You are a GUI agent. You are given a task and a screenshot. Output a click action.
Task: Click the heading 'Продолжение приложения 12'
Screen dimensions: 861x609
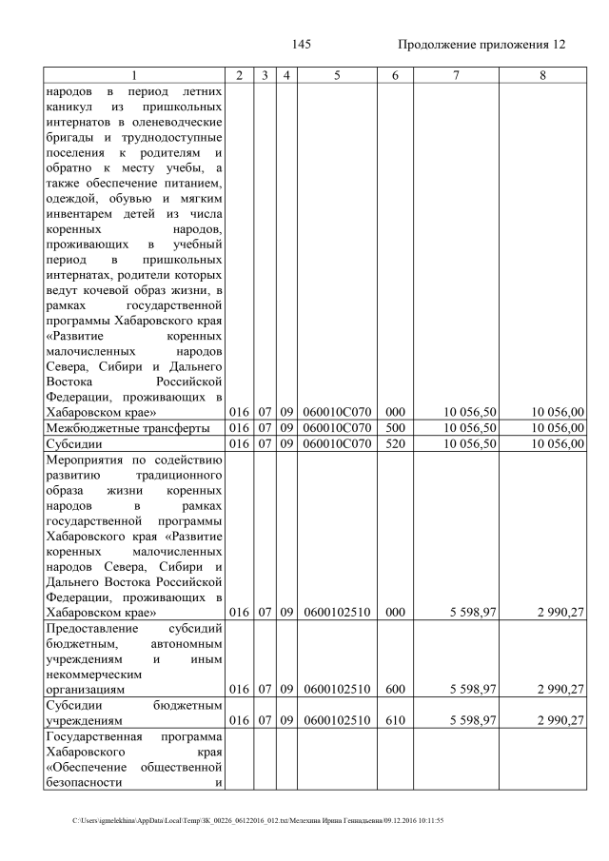pyautogui.click(x=481, y=45)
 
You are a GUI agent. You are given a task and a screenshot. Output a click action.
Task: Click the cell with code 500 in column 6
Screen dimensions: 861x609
pyautogui.click(x=396, y=428)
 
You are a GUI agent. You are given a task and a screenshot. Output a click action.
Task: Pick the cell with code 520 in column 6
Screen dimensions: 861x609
pyautogui.click(x=396, y=444)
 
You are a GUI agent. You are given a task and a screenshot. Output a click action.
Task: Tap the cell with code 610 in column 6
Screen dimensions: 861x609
pyautogui.click(x=396, y=720)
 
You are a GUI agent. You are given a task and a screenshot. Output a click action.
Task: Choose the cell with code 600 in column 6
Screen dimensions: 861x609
pyautogui.click(x=396, y=689)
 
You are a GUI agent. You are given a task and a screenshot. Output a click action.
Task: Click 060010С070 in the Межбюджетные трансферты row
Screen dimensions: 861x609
pyautogui.click(x=337, y=428)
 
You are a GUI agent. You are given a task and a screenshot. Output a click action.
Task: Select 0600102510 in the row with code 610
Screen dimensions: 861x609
pyautogui.click(x=337, y=720)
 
